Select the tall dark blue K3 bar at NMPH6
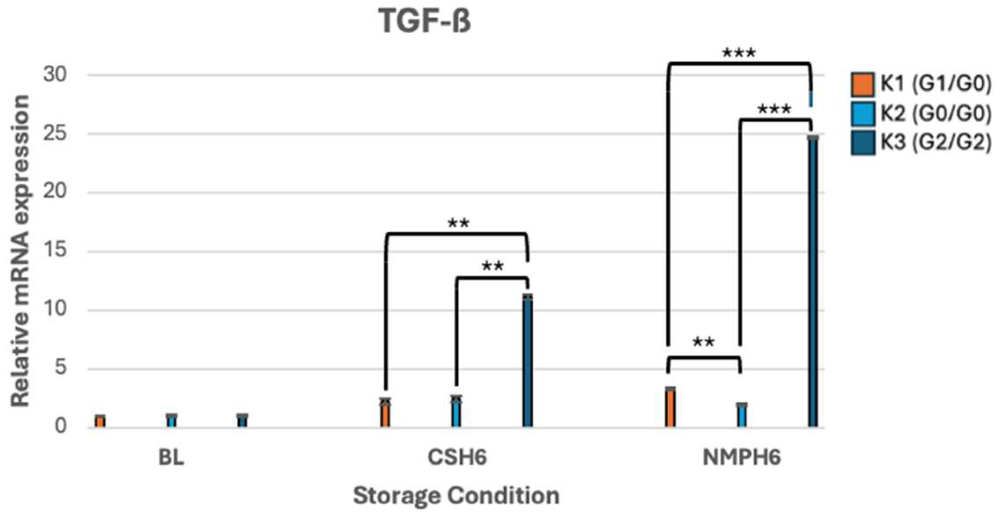[813, 282]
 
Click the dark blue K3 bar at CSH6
[528, 361]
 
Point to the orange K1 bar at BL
[100, 421]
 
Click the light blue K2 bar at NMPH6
[742, 415]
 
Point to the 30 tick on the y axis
[55, 75]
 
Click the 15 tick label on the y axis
[55, 251]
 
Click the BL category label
[171, 458]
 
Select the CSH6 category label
[457, 458]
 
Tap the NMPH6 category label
[742, 458]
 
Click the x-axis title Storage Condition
[456, 496]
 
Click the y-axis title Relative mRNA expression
[20, 251]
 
